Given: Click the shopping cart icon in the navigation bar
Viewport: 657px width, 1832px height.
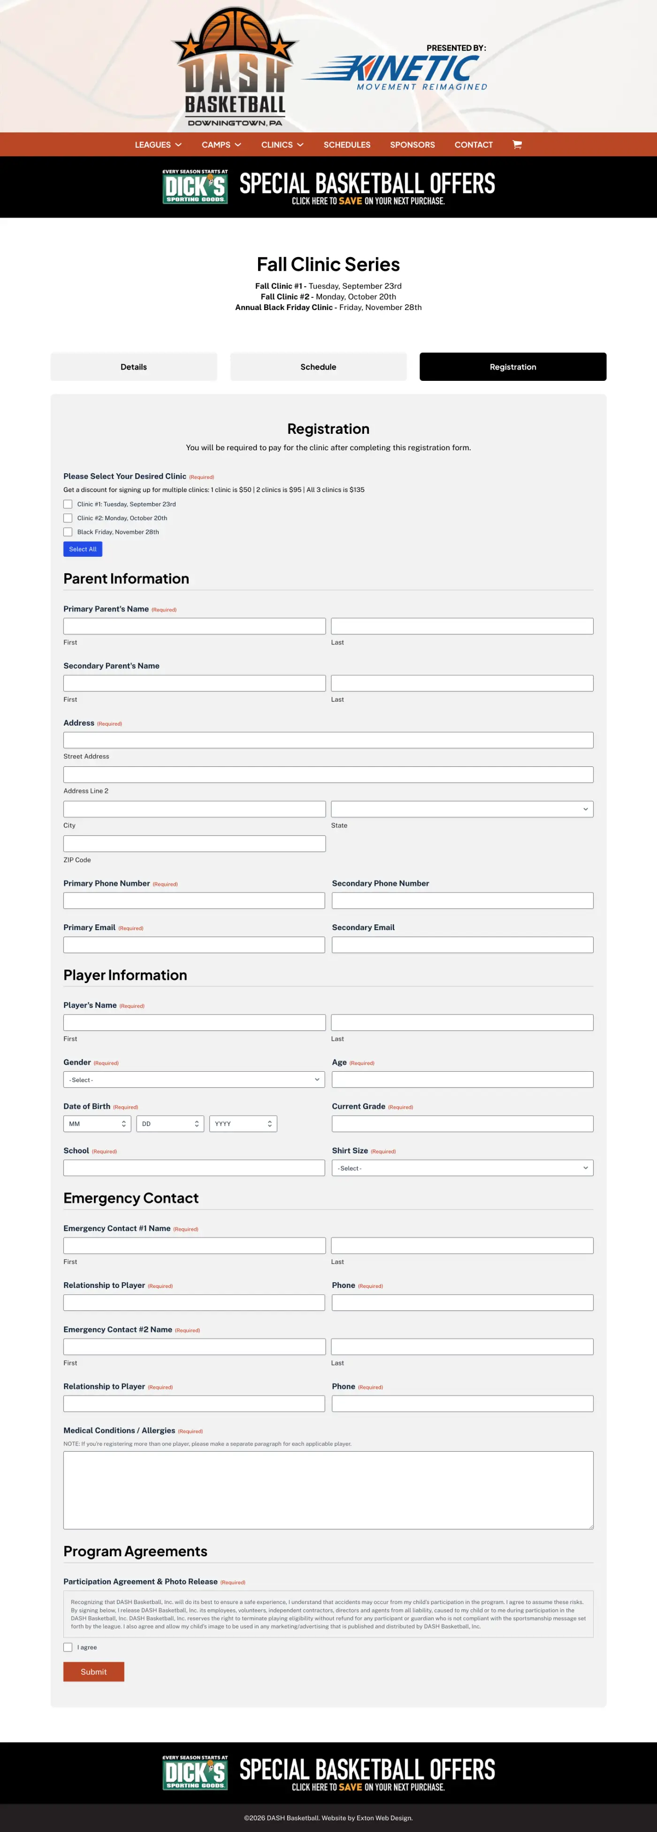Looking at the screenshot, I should point(517,144).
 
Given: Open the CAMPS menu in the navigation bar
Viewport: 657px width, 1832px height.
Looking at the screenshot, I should point(221,144).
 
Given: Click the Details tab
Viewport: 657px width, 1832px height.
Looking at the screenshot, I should point(133,367).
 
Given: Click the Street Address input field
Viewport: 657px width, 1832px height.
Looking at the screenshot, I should point(328,740).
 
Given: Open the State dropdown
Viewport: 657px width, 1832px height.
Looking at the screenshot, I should point(461,810).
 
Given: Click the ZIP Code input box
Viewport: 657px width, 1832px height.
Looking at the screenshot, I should point(194,843).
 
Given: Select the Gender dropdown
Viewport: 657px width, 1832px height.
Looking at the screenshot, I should point(194,1080).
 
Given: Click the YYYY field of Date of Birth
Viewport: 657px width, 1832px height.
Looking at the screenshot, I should point(242,1124).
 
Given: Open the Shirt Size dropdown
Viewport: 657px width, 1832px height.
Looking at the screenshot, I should point(461,1168).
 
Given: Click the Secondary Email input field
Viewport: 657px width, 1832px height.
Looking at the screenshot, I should point(461,945).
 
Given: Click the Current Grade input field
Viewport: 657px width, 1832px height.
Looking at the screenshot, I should point(461,1124).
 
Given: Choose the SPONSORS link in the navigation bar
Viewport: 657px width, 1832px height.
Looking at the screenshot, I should point(412,144).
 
